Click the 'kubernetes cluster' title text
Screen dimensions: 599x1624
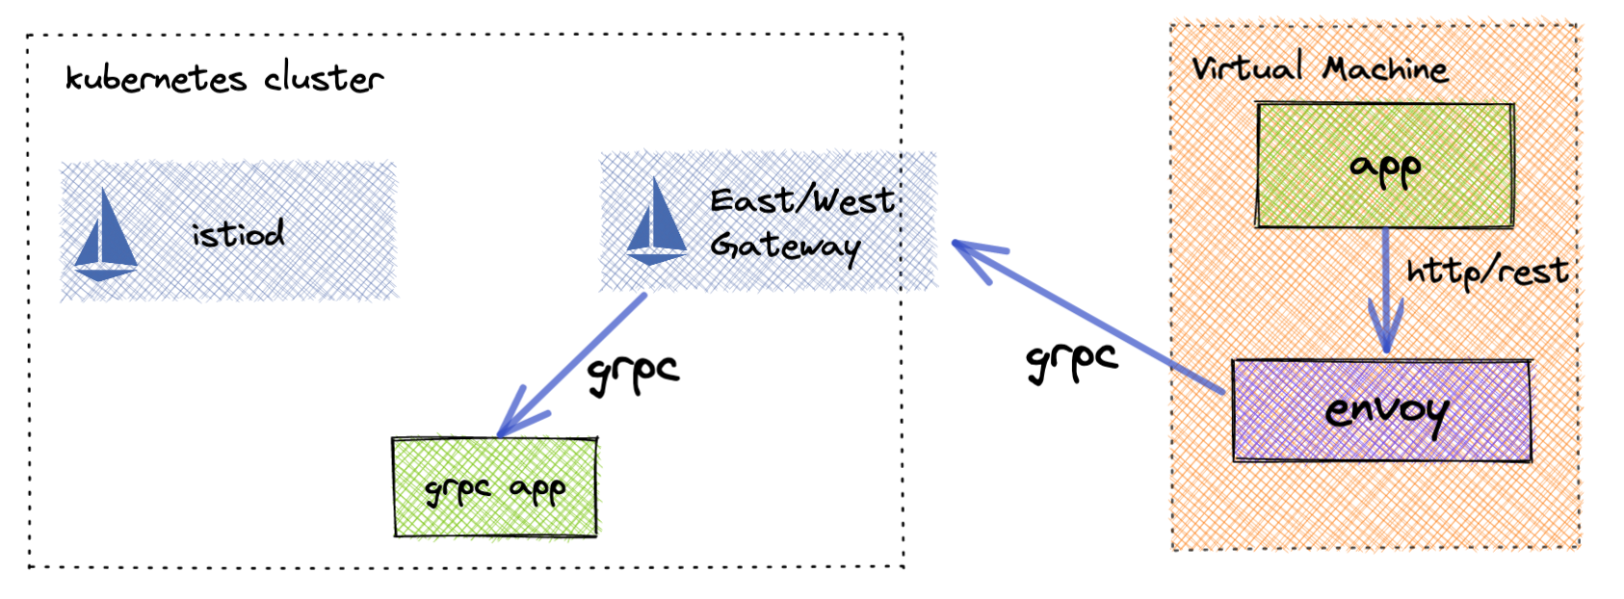coord(223,78)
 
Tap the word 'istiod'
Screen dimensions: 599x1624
coord(238,233)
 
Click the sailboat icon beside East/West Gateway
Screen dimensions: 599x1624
coord(656,223)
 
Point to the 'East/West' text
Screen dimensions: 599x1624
coord(801,200)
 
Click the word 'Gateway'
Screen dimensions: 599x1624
coord(784,247)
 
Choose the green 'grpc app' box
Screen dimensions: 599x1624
coord(494,487)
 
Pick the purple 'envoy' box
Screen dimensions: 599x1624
coord(1381,411)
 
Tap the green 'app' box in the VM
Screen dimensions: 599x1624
coord(1384,167)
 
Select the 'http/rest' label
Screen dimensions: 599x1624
coord(1486,273)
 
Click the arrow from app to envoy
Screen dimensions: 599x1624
coord(1385,289)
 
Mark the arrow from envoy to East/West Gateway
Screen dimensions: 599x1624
coord(1088,318)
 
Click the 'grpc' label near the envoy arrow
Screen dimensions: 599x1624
coord(1071,361)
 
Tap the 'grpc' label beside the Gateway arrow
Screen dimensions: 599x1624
coord(633,373)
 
